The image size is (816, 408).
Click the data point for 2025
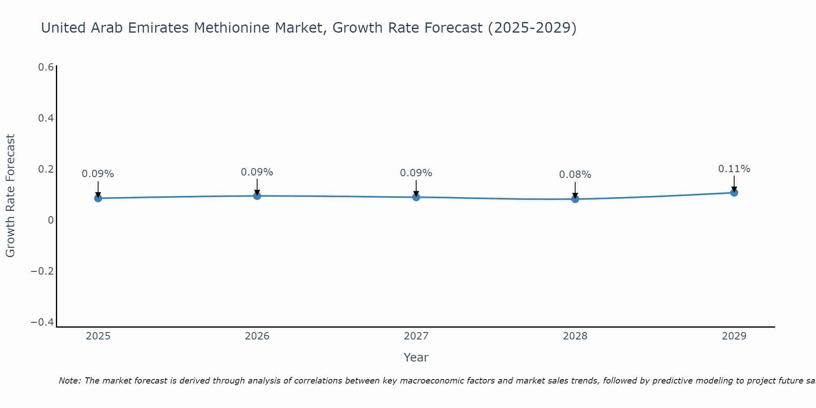pos(98,198)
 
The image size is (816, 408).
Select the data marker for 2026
pos(257,196)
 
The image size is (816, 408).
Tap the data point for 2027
pos(416,197)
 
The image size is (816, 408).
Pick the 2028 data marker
pos(575,199)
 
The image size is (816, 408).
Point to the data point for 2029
pos(734,193)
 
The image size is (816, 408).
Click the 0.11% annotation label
pos(734,169)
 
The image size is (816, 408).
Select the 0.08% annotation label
pos(575,175)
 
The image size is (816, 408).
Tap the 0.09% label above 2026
pos(257,172)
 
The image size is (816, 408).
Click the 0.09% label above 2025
pos(98,174)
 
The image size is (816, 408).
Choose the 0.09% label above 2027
pos(416,173)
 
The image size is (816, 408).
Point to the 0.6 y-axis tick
pos(46,67)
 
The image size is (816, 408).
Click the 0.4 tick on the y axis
pos(46,118)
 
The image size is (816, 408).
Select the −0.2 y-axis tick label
pos(42,271)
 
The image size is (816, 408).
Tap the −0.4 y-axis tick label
pos(42,322)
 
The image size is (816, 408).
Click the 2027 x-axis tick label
pos(416,336)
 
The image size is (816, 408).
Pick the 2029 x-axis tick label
pos(734,336)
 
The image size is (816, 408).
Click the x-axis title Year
pos(416,357)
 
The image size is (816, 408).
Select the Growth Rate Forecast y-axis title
pos(10,196)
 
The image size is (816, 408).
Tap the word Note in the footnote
pos(69,381)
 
